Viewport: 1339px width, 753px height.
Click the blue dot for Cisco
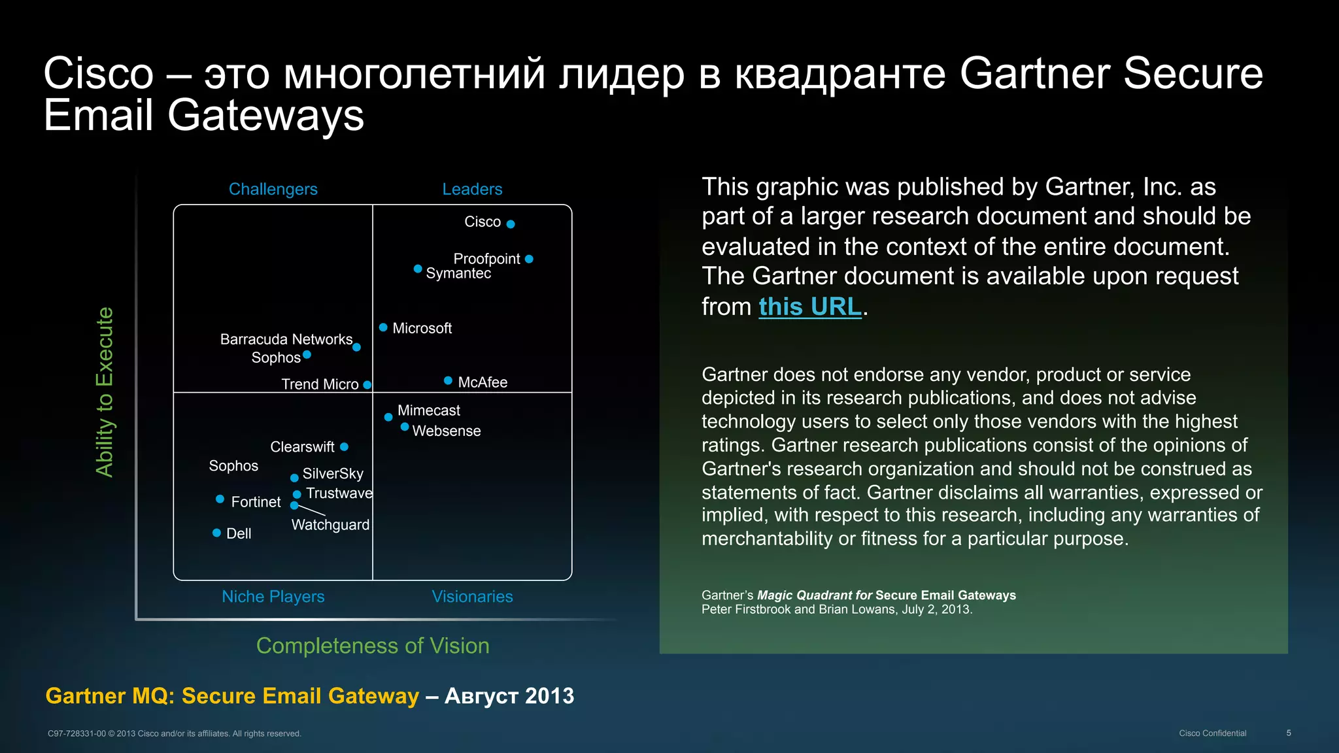pos(511,224)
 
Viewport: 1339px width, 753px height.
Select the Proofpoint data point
pos(529,259)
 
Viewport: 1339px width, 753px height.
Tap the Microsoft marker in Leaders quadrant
pos(383,327)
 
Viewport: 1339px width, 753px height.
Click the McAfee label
pos(483,382)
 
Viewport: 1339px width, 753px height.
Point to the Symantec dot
pos(418,269)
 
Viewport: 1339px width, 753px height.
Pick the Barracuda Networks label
pos(286,339)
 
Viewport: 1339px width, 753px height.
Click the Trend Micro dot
pos(367,385)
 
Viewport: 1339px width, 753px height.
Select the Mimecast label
pos(428,410)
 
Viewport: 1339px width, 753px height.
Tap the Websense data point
pos(405,427)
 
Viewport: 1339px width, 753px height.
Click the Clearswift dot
pos(345,447)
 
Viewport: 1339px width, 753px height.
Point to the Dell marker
pos(216,533)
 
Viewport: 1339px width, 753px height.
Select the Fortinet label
pos(256,502)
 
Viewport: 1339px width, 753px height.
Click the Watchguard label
pos(330,525)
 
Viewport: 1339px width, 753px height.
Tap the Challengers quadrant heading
pos(273,190)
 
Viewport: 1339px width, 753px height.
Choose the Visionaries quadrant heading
pos(472,597)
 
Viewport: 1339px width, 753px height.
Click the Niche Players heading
pos(273,597)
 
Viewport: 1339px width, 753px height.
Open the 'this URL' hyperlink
pos(809,307)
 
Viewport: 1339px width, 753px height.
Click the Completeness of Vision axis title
pos(373,646)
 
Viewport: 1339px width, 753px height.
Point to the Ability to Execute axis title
pos(105,392)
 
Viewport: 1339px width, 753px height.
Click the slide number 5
pos(1289,733)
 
